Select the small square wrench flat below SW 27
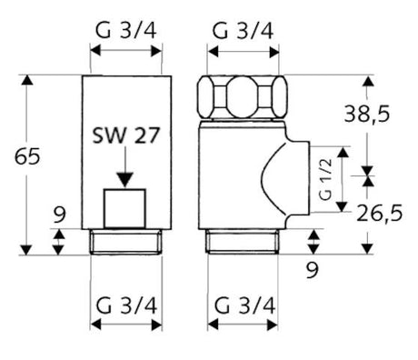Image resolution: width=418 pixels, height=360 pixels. point(126,209)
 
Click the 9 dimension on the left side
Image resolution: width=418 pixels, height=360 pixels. point(59,217)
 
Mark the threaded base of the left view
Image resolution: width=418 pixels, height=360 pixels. point(127,242)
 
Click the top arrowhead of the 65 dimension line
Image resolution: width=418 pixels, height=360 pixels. point(27,82)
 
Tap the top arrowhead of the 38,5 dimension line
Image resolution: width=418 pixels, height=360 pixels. point(368,82)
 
